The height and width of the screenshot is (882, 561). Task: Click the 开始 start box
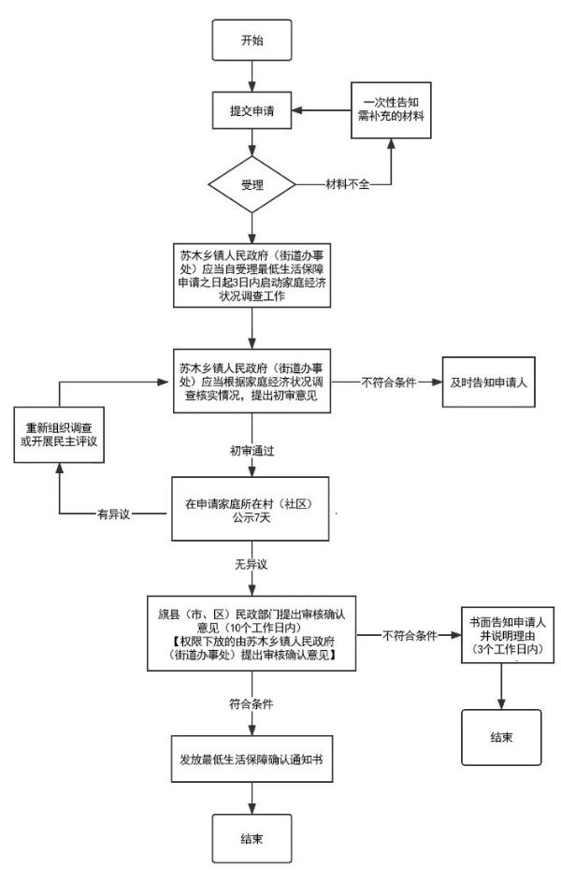(252, 42)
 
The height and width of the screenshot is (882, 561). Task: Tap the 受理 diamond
(252, 184)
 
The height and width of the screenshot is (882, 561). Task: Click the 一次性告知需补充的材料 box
(392, 110)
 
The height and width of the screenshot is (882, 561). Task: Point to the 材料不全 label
(348, 184)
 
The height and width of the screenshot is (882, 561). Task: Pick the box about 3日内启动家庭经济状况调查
(252, 275)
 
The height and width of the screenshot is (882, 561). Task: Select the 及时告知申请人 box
(488, 382)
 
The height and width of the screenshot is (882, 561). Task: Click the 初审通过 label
(252, 450)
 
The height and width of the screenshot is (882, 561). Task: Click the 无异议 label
(252, 566)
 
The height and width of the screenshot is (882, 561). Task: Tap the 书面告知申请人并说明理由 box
(507, 635)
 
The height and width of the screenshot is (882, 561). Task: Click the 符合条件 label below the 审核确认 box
(252, 702)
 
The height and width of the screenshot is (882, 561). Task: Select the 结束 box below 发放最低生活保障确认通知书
(252, 838)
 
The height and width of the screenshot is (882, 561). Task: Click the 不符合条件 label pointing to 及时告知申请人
(387, 382)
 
